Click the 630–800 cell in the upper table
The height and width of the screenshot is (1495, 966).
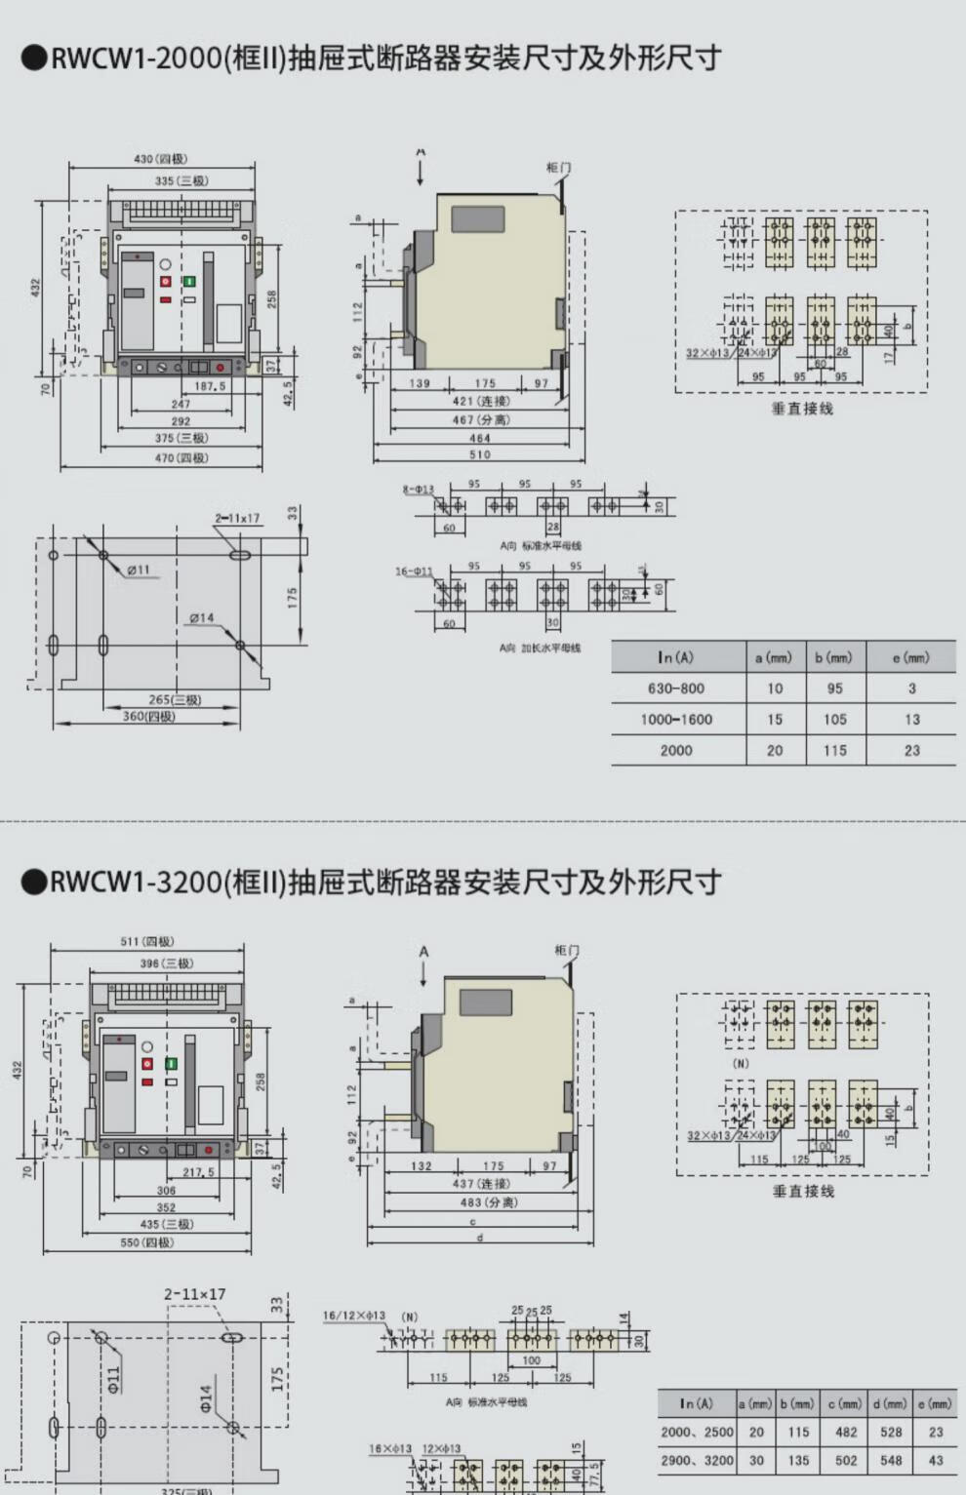675,688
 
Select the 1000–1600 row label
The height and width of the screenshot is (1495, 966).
676,720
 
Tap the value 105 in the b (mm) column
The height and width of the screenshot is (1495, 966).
834,720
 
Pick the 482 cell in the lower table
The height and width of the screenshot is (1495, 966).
845,1432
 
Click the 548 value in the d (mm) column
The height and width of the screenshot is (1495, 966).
891,1461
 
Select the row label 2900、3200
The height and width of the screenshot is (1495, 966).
697,1461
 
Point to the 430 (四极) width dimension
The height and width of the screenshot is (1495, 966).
160,159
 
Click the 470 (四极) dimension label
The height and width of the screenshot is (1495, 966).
181,457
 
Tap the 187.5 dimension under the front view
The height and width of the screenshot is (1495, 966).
210,386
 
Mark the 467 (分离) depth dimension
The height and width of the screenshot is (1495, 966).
480,420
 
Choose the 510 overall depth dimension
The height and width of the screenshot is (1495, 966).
480,454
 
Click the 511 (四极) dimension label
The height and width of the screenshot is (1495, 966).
146,941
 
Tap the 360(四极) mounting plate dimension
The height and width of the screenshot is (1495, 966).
148,717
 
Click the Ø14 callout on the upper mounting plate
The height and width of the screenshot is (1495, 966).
201,618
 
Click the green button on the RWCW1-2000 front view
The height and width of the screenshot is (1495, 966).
189,281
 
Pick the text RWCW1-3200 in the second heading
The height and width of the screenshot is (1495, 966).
136,883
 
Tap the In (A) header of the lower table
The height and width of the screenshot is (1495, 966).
697,1403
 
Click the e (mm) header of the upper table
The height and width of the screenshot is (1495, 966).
910,658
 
